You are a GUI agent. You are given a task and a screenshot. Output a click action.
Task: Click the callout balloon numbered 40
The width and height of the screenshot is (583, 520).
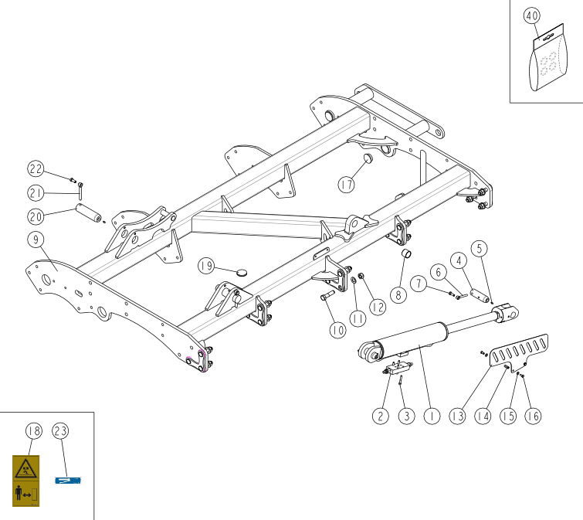[532, 16]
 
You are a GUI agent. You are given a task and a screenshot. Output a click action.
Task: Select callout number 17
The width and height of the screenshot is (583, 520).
[346, 185]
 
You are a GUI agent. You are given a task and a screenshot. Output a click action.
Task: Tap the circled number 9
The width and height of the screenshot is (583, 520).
[36, 240]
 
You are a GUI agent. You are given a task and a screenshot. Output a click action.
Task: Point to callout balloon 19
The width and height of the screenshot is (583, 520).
[206, 266]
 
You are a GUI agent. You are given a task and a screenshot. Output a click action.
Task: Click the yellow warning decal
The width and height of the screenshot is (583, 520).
[25, 481]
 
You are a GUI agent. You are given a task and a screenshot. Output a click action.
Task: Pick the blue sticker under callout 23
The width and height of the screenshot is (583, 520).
[68, 481]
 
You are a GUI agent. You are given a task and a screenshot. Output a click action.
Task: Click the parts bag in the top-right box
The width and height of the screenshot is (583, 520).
[548, 58]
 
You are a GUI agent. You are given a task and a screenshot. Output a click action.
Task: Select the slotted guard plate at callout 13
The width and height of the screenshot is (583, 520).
[519, 352]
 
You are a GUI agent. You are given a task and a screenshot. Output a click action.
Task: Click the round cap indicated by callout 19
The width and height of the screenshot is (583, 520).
[242, 272]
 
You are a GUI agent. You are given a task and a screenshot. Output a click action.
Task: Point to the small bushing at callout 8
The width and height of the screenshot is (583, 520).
[406, 254]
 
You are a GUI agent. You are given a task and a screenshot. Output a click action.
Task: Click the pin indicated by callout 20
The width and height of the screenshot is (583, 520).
[89, 212]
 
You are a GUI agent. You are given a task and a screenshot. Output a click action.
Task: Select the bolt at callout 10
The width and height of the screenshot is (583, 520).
[327, 295]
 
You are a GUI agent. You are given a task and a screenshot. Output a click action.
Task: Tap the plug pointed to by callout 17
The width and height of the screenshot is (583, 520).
[368, 158]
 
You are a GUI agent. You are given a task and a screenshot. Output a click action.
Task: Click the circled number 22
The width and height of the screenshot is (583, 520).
[36, 169]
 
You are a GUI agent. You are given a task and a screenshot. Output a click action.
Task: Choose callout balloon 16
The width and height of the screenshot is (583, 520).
[533, 416]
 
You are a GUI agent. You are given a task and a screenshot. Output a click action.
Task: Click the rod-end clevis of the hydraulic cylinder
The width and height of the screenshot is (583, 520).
[507, 314]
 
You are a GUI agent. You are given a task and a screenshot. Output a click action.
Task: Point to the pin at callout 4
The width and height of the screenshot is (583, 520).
[480, 295]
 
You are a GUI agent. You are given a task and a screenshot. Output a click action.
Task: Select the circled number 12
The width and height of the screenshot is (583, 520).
[378, 308]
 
